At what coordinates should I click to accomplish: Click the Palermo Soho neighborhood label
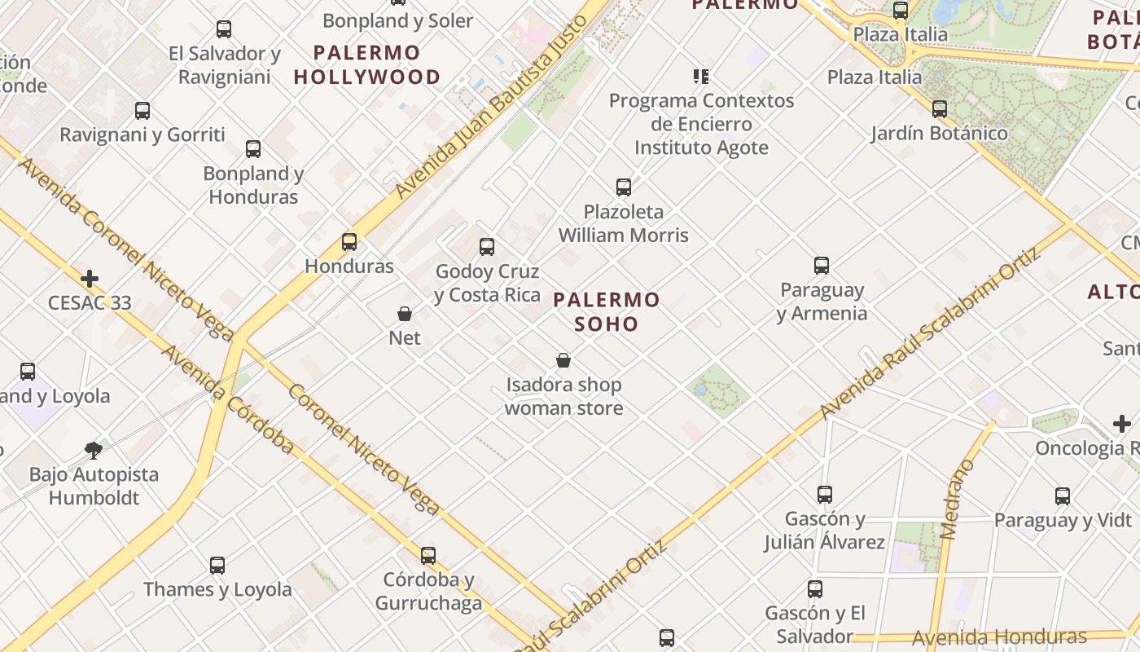click(606, 311)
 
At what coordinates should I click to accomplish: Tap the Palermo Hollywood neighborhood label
click(366, 65)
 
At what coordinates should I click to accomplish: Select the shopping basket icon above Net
click(405, 314)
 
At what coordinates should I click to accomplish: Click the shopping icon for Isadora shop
click(563, 360)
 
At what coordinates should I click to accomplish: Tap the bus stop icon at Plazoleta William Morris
click(624, 187)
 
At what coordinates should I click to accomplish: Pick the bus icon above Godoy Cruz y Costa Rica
click(487, 247)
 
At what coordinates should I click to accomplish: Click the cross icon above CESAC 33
click(90, 279)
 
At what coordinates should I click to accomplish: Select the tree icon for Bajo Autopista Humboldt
click(94, 450)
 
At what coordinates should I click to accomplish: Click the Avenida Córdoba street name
click(228, 399)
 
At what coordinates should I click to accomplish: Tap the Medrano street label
click(957, 500)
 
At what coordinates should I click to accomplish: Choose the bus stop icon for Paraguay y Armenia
click(822, 266)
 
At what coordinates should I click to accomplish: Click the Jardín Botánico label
click(939, 133)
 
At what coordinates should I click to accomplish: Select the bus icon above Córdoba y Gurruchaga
click(428, 556)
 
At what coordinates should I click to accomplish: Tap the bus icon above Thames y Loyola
click(217, 565)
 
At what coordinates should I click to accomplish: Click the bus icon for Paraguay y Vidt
click(1063, 496)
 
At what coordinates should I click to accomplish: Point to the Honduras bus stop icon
click(349, 242)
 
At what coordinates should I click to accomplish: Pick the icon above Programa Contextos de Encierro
click(701, 77)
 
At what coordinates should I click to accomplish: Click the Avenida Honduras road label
click(998, 637)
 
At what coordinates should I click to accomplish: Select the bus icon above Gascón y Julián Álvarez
click(825, 494)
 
